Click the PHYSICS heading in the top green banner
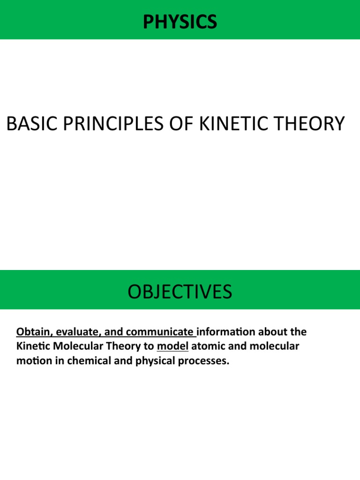click(180, 22)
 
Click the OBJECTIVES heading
click(180, 292)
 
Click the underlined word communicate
click(160, 332)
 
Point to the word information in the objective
click(226, 332)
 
